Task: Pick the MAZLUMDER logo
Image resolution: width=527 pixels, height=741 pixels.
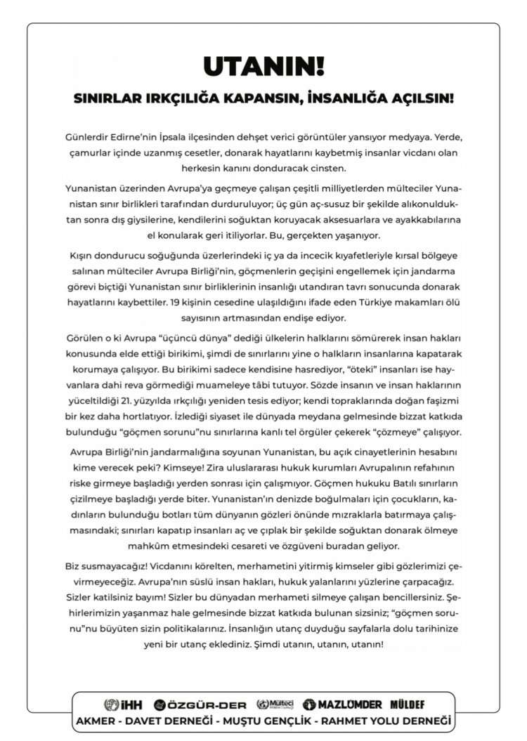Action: click(x=342, y=704)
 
